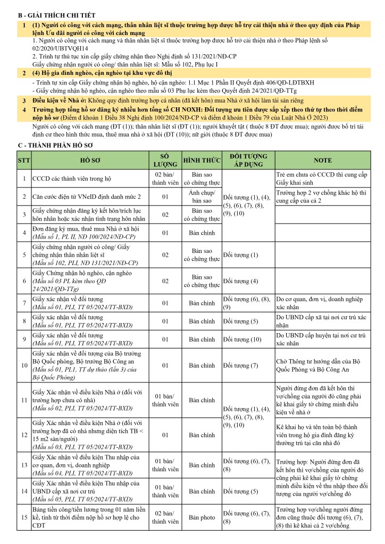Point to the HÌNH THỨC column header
202,159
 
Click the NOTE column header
323,159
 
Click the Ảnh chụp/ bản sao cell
202,197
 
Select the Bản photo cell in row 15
202,516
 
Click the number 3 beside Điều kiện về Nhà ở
24,100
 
